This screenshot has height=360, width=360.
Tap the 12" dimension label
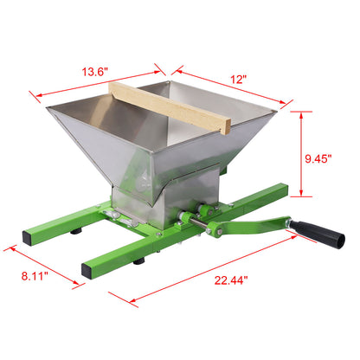click(x=238, y=78)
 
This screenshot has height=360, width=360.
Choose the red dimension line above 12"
click(x=229, y=88)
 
